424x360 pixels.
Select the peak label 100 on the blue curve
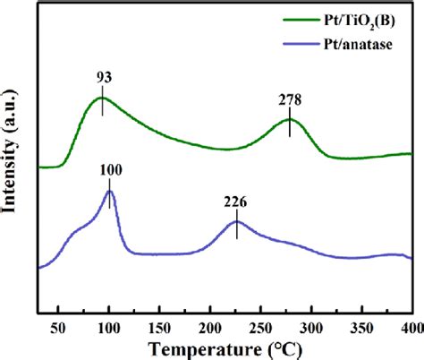click(x=109, y=170)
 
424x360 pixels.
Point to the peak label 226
click(x=235, y=201)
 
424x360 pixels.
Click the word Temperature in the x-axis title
click(x=195, y=347)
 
